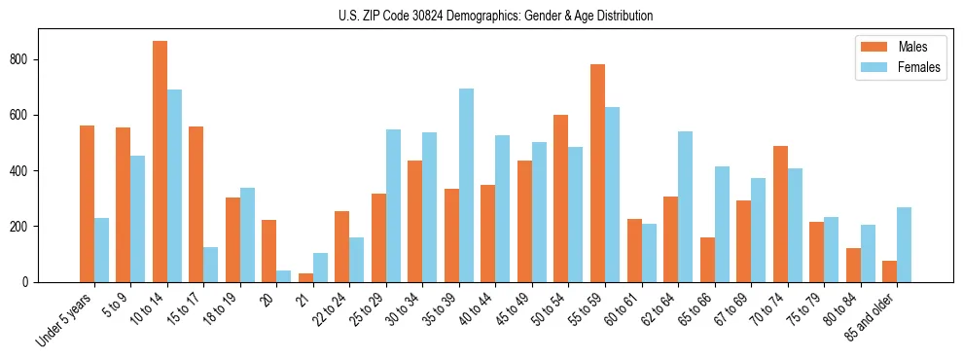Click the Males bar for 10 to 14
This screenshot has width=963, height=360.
[x=160, y=162]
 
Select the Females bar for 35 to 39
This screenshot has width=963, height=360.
[x=467, y=185]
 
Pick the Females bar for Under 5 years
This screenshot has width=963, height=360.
[x=102, y=250]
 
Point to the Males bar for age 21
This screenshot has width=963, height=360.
[x=306, y=277]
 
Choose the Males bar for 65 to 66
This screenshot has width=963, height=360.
[x=707, y=260]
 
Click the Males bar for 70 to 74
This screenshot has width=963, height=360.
[x=780, y=214]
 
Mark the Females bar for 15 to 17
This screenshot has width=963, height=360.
[x=211, y=265]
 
